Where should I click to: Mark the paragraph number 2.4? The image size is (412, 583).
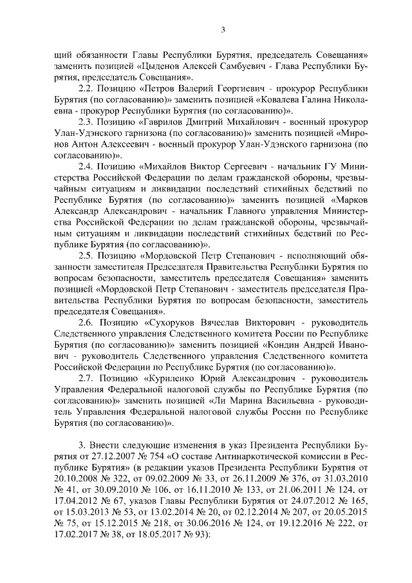point(86,166)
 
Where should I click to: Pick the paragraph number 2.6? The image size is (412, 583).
point(86,321)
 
